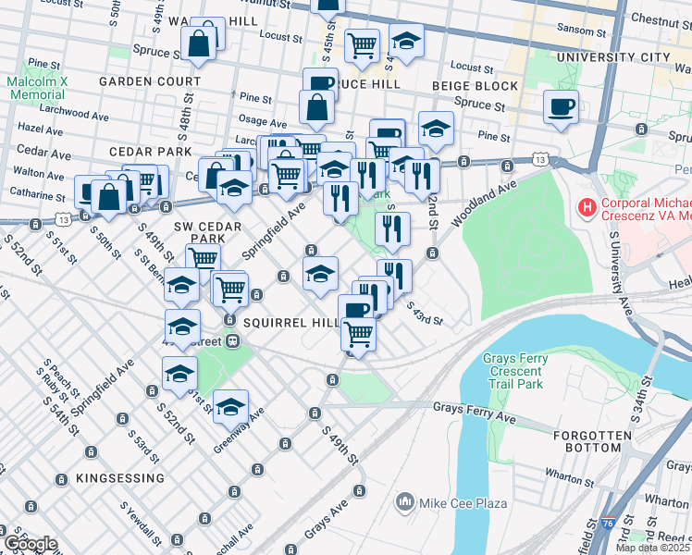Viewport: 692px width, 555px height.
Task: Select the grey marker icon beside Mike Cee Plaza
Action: click(x=404, y=503)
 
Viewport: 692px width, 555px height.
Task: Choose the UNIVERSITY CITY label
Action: click(x=612, y=57)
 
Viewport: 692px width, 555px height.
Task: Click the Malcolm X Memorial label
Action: click(x=35, y=88)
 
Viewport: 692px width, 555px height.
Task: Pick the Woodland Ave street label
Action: click(x=483, y=204)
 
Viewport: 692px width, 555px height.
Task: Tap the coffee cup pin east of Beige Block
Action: click(x=561, y=107)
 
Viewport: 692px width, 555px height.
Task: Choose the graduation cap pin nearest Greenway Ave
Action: click(x=230, y=405)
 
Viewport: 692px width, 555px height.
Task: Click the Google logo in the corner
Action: click(x=31, y=544)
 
